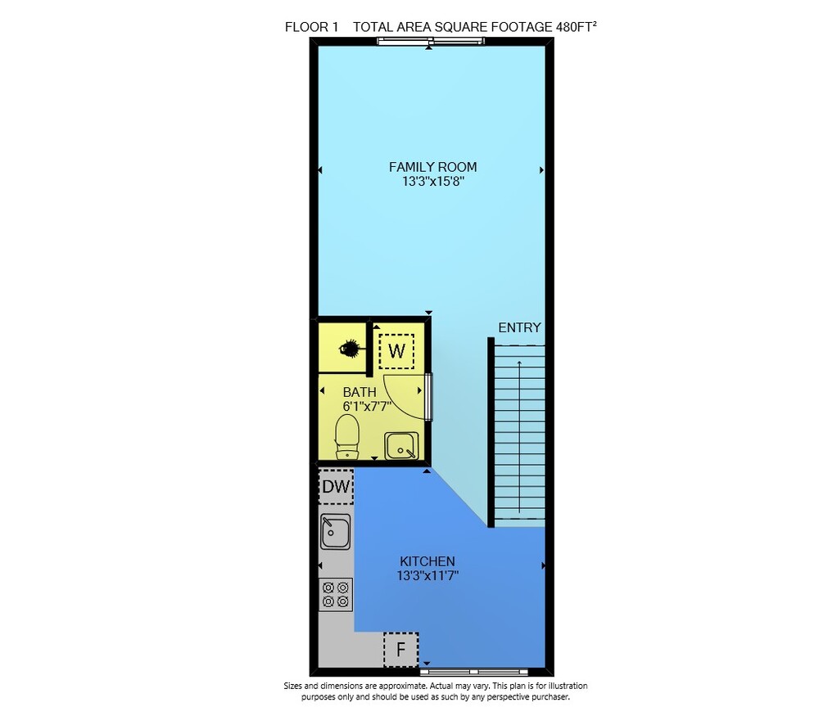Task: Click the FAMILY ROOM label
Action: tap(432, 167)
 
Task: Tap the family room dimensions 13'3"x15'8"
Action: tap(433, 182)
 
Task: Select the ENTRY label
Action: tap(519, 328)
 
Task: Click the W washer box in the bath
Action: tap(396, 351)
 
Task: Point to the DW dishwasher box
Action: tap(336, 486)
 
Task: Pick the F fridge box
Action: tap(401, 650)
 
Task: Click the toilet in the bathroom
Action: tap(346, 437)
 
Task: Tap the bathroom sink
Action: tap(401, 446)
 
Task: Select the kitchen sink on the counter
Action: tap(335, 532)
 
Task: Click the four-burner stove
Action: tap(336, 595)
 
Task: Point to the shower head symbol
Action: tap(348, 348)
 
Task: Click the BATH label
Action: tap(360, 391)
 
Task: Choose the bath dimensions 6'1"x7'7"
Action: tap(367, 406)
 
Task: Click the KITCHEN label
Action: tap(428, 561)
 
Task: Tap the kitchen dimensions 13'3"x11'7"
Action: tap(428, 576)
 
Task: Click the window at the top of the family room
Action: tap(431, 41)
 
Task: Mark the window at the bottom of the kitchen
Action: tap(474, 672)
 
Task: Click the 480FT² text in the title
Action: tap(577, 27)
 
